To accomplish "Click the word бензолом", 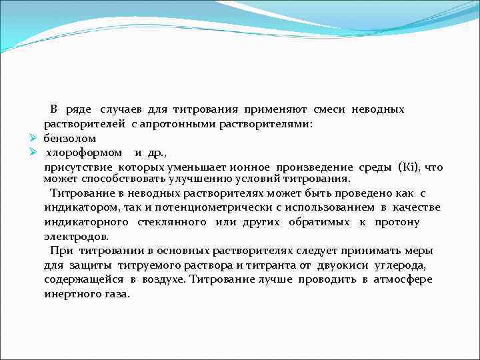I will pyautogui.click(x=70, y=139).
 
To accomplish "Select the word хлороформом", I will pyautogui.click(x=83, y=153).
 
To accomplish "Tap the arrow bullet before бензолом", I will pyautogui.click(x=32, y=139).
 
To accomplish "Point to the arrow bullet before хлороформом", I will pyautogui.click(x=32, y=153).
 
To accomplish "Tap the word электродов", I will pyautogui.click(x=71, y=236).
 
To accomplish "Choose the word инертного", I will pyautogui.click(x=71, y=293).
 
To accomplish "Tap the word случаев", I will pyautogui.click(x=121, y=109).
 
